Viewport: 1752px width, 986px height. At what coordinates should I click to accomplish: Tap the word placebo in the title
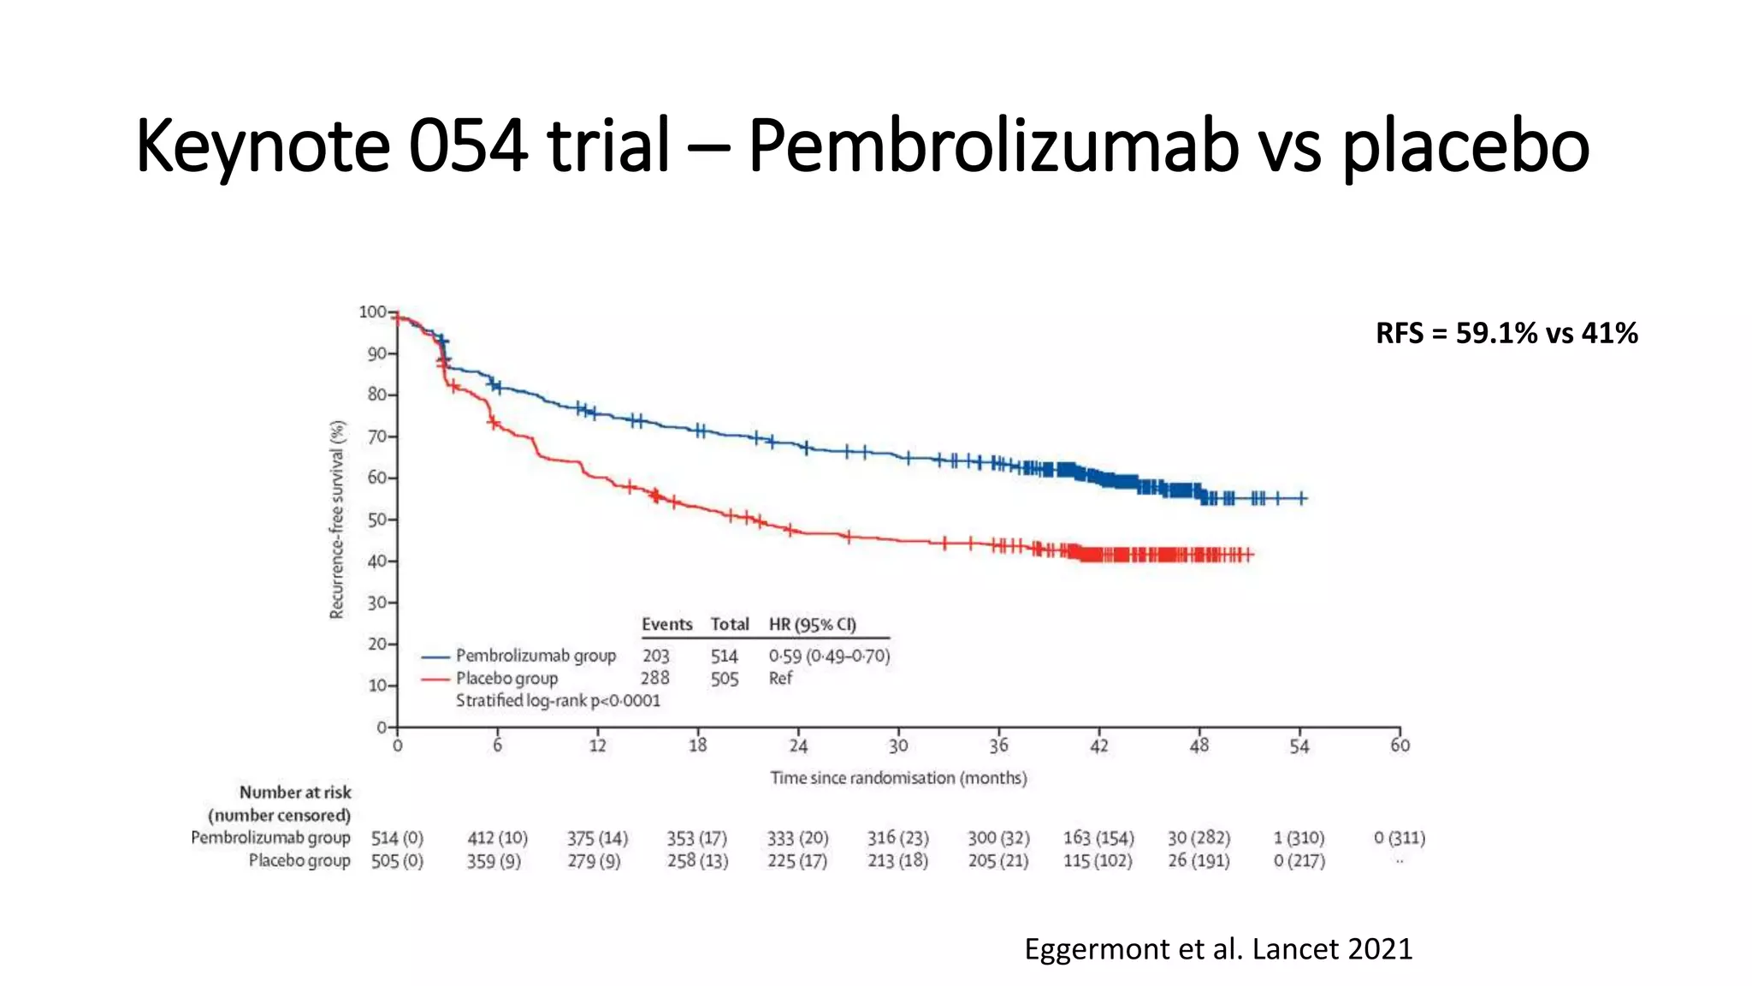click(1465, 146)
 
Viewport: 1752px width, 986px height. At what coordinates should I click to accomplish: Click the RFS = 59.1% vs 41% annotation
click(1506, 333)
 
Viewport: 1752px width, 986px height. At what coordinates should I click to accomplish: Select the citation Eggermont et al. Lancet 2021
click(1218, 948)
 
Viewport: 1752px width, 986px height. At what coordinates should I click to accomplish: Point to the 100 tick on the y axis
click(372, 312)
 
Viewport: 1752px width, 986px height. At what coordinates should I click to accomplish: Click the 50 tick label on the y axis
click(376, 520)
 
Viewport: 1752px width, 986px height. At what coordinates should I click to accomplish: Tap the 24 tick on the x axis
click(798, 745)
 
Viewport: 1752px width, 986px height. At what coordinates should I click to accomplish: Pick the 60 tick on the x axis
click(1400, 745)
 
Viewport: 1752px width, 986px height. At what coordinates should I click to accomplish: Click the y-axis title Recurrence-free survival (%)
click(337, 520)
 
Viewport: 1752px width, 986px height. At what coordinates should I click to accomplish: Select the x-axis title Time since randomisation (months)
click(898, 778)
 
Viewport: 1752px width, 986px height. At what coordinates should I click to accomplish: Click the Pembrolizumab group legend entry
click(536, 656)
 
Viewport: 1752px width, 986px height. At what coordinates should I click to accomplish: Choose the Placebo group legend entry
click(506, 679)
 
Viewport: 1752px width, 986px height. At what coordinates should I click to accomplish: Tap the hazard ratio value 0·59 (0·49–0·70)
click(829, 656)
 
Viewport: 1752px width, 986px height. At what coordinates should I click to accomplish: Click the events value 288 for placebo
click(655, 678)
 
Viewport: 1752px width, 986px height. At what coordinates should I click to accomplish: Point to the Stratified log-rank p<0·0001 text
click(558, 701)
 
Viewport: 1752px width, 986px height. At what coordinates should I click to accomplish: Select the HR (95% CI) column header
click(812, 625)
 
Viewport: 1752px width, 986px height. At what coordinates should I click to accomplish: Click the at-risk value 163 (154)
click(1098, 838)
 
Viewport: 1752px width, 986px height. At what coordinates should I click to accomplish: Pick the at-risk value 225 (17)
click(797, 861)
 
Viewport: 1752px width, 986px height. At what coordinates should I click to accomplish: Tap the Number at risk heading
click(295, 793)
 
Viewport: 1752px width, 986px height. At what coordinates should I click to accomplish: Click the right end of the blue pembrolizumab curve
click(1303, 498)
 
